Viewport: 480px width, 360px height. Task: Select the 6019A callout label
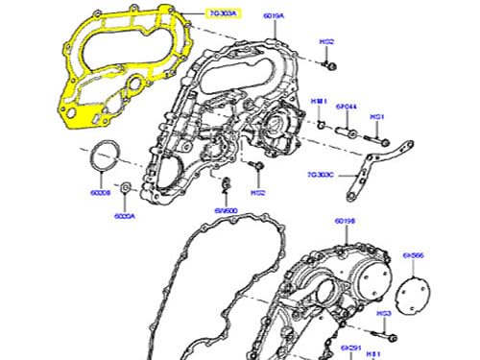274,15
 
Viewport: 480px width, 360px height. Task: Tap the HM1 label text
319,103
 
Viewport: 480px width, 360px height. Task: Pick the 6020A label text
126,217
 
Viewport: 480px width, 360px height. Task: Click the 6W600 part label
225,210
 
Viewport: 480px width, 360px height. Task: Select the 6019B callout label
346,222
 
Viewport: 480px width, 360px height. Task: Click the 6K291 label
353,348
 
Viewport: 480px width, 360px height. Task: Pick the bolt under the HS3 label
389,335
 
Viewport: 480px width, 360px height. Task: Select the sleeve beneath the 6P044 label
345,124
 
